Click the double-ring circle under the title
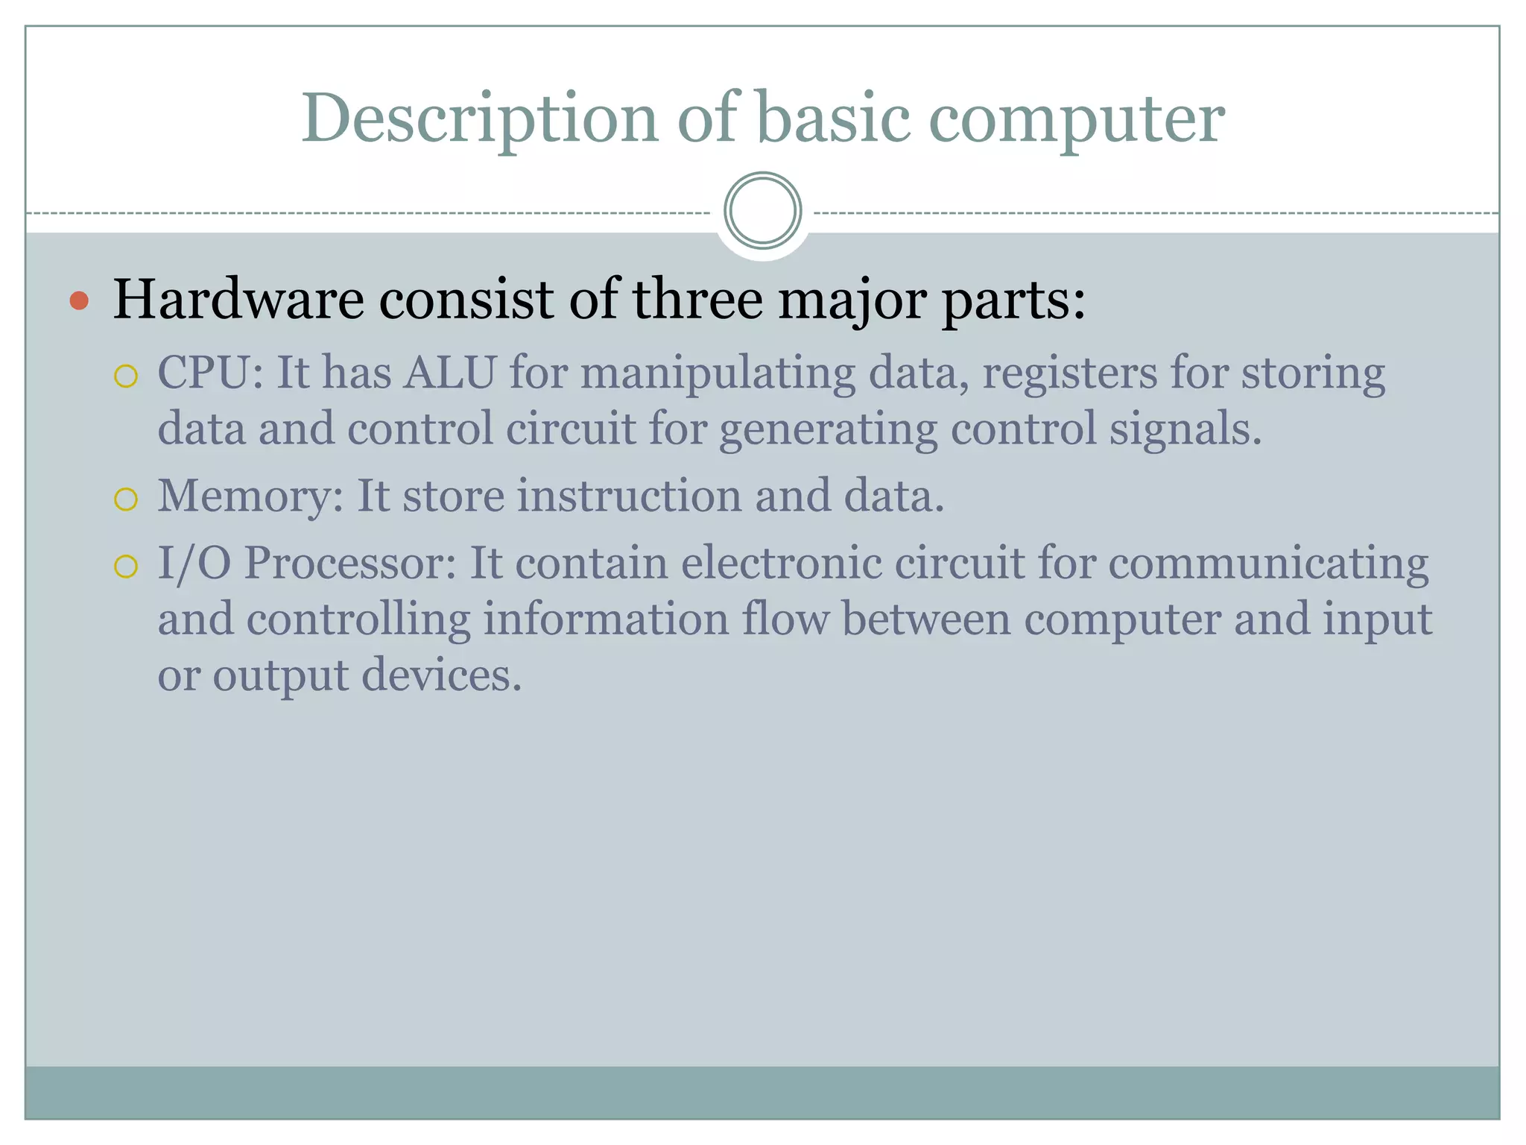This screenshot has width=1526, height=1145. point(762,210)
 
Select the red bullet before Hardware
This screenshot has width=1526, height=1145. point(78,301)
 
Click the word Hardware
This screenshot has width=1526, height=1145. point(238,300)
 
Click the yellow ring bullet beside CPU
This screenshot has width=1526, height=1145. point(126,376)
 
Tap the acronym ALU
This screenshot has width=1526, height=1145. point(450,373)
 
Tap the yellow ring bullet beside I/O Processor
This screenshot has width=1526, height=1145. point(126,567)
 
